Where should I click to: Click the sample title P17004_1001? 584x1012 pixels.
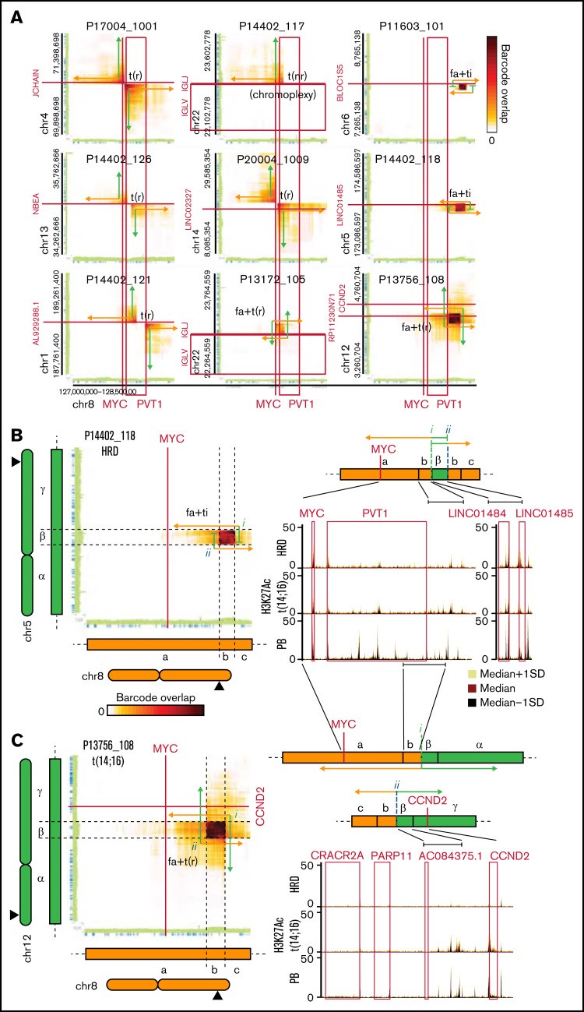122,26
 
